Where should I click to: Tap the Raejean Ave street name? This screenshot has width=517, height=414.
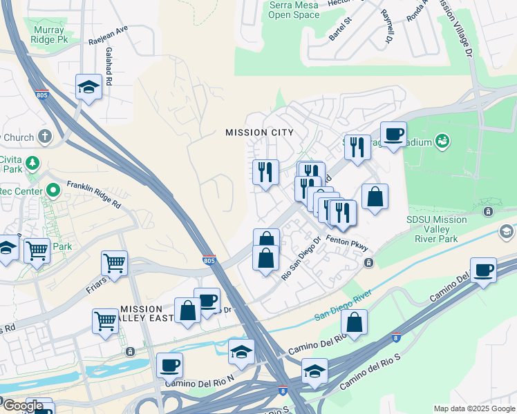pyautogui.click(x=109, y=36)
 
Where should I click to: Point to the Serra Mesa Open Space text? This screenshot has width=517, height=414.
pyautogui.click(x=294, y=9)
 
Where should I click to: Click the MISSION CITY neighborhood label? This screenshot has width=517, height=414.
pyautogui.click(x=259, y=132)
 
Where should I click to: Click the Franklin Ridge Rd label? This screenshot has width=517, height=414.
pyautogui.click(x=94, y=195)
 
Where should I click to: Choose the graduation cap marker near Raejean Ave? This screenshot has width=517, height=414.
pyautogui.click(x=88, y=86)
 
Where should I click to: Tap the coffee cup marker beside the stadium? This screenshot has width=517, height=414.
pyautogui.click(x=393, y=134)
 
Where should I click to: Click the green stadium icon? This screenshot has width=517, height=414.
pyautogui.click(x=442, y=142)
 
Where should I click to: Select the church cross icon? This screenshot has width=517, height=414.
pyautogui.click(x=46, y=136)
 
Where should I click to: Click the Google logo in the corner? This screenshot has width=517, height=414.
pyautogui.click(x=23, y=406)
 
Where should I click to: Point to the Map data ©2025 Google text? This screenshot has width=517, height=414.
pyautogui.click(x=473, y=408)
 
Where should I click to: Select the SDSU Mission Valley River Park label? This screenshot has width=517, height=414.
pyautogui.click(x=437, y=229)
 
